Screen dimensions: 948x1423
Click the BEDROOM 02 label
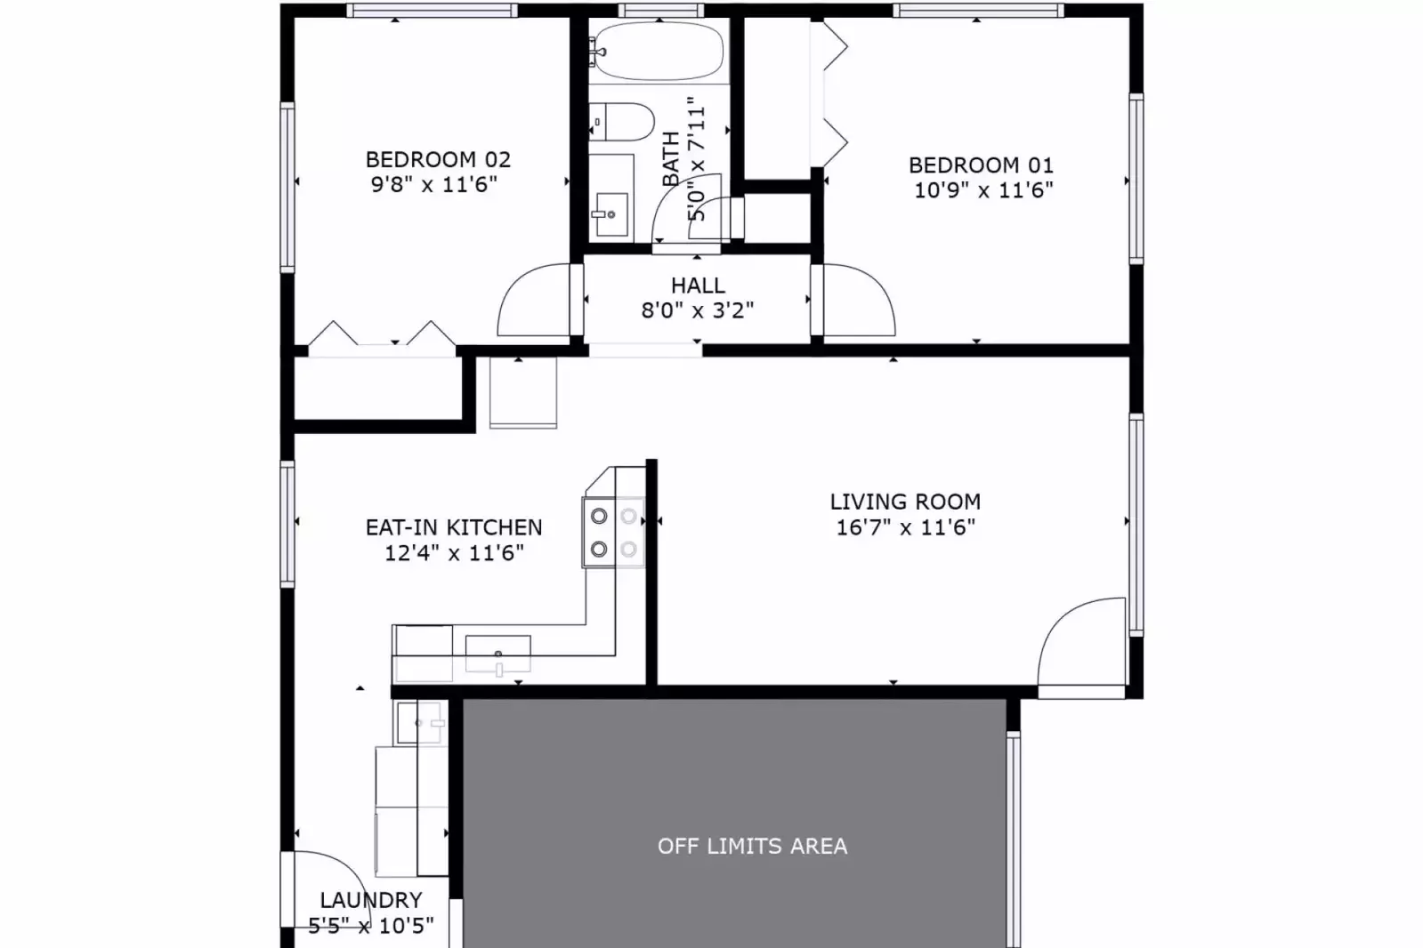[438, 160]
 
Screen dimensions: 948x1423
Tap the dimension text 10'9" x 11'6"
[982, 189]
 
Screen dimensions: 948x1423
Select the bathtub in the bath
[659, 52]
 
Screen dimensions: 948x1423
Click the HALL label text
[698, 285]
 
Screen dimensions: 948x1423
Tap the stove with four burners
[614, 532]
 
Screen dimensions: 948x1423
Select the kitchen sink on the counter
[497, 654]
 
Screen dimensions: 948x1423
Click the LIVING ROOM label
[905, 502]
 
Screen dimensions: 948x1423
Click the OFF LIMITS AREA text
[752, 846]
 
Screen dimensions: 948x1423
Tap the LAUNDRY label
[371, 900]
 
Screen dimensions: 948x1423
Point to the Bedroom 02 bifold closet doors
[382, 336]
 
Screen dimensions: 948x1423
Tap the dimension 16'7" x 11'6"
[905, 527]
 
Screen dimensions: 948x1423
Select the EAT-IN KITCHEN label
[454, 527]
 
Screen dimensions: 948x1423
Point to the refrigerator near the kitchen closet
[523, 392]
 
